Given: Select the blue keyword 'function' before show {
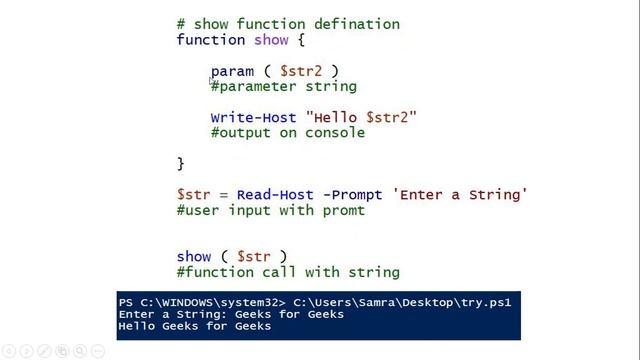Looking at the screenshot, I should [x=210, y=40].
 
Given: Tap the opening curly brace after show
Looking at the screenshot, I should [x=299, y=40].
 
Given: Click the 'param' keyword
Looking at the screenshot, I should [x=232, y=71].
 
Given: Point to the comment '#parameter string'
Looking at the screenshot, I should [x=283, y=86].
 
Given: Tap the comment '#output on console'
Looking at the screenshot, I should [x=287, y=132].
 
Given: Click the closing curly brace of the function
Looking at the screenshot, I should [x=181, y=163].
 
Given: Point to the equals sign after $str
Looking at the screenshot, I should [x=223, y=194].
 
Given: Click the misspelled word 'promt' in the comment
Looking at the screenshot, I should [x=343, y=210].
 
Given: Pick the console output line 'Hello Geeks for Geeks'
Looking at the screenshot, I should [x=194, y=325].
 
